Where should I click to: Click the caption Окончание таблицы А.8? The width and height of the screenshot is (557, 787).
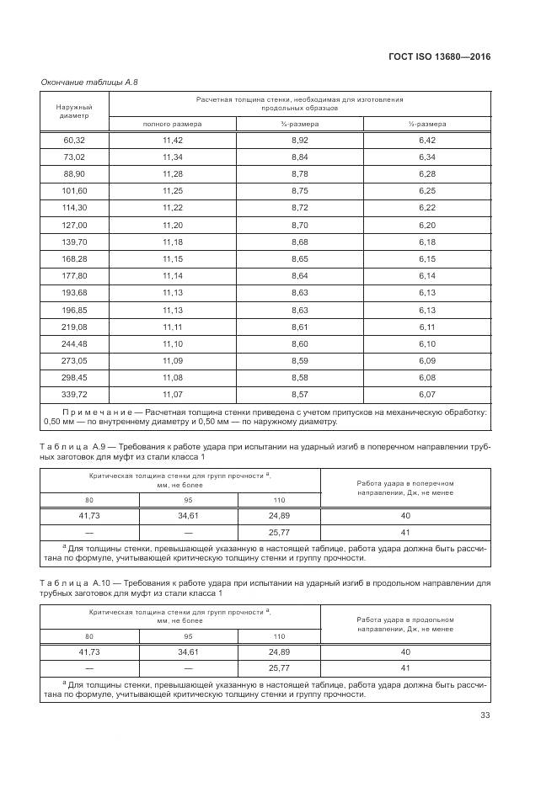[x=89, y=82]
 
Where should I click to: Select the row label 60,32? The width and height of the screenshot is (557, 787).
[x=74, y=140]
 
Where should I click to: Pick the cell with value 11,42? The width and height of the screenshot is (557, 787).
[x=172, y=140]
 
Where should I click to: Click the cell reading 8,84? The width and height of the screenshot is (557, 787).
[x=299, y=157]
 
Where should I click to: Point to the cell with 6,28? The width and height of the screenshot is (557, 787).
[x=427, y=173]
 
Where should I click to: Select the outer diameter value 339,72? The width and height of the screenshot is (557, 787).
[x=74, y=393]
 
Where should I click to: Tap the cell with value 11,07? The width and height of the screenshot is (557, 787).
[x=172, y=393]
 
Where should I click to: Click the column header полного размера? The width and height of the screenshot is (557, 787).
[x=172, y=124]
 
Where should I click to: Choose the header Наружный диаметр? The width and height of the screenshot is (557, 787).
[x=74, y=111]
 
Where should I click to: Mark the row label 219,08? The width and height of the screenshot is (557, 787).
[x=74, y=326]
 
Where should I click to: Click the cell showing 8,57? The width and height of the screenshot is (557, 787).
[x=299, y=393]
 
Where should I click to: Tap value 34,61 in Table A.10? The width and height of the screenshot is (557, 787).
[x=189, y=651]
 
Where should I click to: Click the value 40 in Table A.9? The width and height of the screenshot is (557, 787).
[x=404, y=515]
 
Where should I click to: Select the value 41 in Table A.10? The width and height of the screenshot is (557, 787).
[x=404, y=667]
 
